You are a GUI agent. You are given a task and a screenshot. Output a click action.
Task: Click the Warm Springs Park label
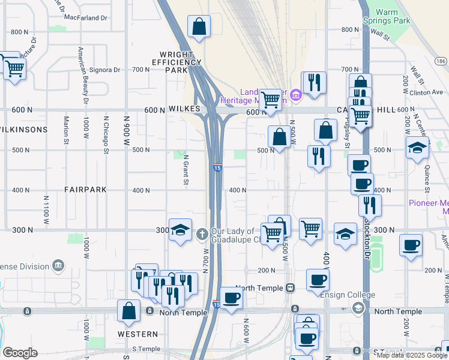tap(394, 16)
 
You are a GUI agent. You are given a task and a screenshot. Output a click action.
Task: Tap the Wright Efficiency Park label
tap(176, 62)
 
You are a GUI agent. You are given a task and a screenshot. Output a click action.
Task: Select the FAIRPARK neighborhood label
tap(85, 190)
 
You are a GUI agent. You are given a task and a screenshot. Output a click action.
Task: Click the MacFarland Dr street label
tap(85, 18)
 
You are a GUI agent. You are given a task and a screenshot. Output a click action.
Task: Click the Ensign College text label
tap(348, 295)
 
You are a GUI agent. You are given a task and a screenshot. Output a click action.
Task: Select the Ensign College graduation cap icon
tap(358, 308)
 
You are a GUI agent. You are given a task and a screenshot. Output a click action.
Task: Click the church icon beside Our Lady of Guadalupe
tap(202, 233)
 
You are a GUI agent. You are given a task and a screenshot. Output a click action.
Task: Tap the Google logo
tap(20, 353)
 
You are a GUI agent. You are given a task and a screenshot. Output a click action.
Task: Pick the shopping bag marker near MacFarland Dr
tap(199, 27)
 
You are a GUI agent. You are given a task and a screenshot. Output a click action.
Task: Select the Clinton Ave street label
tap(427, 92)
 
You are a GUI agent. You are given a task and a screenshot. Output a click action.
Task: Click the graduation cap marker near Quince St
tap(417, 149)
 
